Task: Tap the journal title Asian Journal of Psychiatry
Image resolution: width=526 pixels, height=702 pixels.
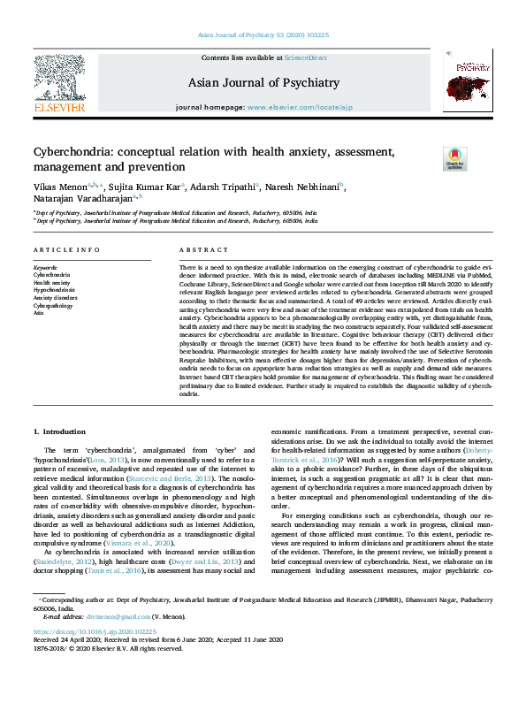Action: (x=263, y=83)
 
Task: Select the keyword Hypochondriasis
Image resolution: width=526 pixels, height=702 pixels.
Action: (x=54, y=289)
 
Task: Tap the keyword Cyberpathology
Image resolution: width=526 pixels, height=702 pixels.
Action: (x=54, y=305)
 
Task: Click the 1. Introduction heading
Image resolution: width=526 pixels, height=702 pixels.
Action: (x=61, y=431)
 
